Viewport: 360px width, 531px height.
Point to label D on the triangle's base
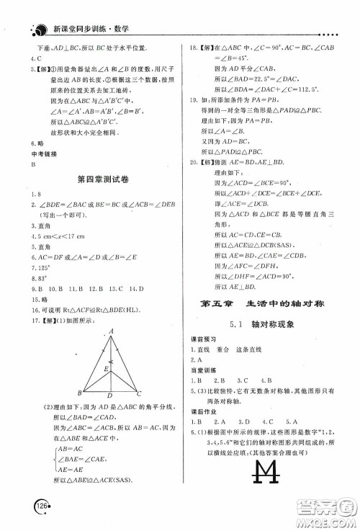click(109, 395)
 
